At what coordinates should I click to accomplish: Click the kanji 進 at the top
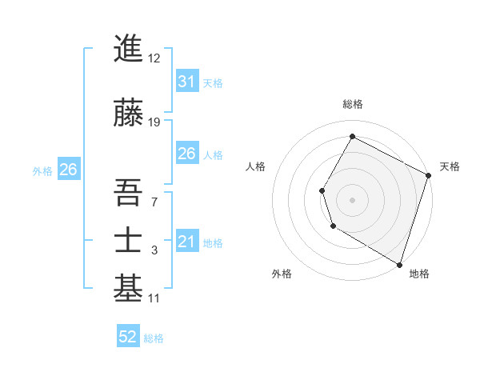coord(128,50)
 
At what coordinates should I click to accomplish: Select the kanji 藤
coord(128,113)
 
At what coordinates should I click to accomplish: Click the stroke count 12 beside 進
coord(154,58)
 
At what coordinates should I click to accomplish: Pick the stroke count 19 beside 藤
coord(154,122)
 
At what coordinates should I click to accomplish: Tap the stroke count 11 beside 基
coord(154,298)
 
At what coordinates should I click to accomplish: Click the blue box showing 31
coord(186,82)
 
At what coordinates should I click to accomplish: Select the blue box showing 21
coord(186,242)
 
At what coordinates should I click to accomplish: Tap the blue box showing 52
coord(128,337)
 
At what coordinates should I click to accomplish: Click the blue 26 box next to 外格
coord(68,170)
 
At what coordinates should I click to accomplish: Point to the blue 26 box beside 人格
coord(186,154)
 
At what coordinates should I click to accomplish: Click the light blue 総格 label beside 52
coord(154,338)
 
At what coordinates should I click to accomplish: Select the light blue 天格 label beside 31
coord(213,83)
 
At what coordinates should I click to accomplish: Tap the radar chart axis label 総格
coord(352,104)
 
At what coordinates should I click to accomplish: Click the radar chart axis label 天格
coord(450,166)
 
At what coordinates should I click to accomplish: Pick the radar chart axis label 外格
coord(282,274)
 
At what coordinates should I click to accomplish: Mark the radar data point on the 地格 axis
coord(399,263)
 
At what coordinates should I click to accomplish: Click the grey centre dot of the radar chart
coord(352,199)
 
